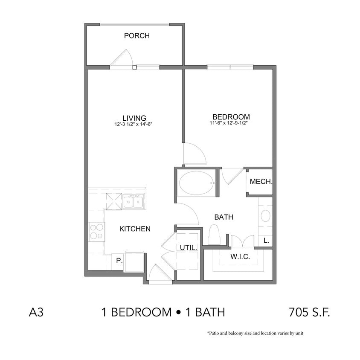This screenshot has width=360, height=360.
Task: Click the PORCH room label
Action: click(136, 36)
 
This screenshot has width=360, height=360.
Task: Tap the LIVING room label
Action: click(134, 118)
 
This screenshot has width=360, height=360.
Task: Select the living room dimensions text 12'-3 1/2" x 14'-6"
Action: click(134, 125)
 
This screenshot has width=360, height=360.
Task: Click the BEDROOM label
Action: click(231, 117)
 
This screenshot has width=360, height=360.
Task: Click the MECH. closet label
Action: click(261, 182)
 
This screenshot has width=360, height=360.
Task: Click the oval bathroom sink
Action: click(265, 216)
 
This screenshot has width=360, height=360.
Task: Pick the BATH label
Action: click(224, 217)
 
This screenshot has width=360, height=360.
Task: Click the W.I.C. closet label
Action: click(240, 257)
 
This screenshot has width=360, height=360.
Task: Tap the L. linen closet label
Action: click(266, 241)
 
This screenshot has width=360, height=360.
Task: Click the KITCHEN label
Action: click(134, 229)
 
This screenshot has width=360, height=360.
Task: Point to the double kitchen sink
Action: click(133, 201)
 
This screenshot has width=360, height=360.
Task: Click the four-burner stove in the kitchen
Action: click(96, 232)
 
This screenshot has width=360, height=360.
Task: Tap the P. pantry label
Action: click(119, 261)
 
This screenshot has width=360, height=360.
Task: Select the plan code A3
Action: click(36, 313)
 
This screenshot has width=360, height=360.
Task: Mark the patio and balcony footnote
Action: click(255, 333)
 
